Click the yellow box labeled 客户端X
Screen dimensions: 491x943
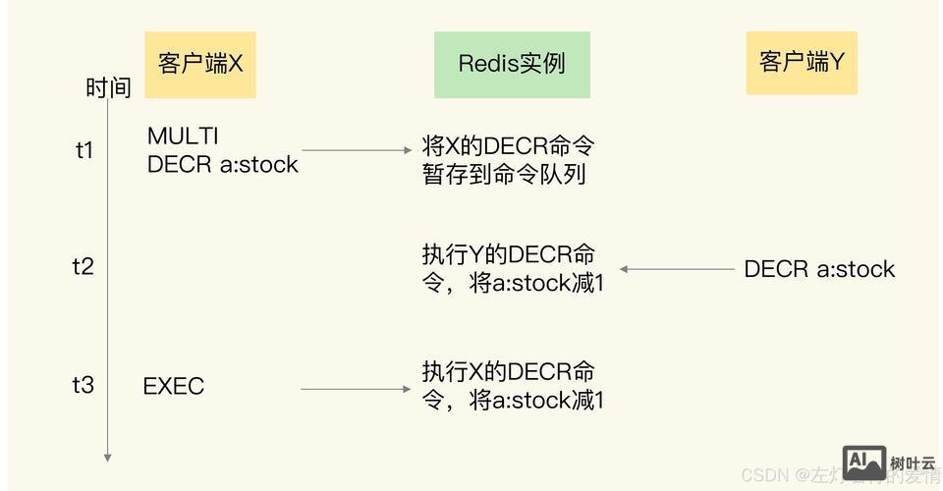point(200,65)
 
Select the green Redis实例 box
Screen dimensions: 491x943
point(512,65)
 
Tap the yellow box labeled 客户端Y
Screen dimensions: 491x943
point(801,63)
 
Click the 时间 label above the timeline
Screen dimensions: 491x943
point(108,88)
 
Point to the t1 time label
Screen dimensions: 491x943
point(83,150)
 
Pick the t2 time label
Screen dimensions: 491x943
point(83,266)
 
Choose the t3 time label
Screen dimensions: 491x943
point(83,385)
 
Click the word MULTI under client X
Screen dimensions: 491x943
point(183,136)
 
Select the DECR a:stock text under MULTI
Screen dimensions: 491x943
point(222,164)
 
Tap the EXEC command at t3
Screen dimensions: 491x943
point(174,386)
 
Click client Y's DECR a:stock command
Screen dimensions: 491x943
point(819,269)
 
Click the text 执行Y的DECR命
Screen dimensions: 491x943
point(508,253)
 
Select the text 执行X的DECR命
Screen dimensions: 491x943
point(508,372)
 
